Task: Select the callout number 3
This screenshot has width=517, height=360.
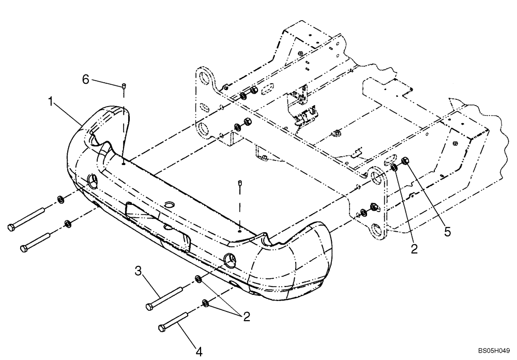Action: click(x=139, y=271)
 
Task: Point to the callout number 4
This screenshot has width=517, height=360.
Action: click(x=199, y=352)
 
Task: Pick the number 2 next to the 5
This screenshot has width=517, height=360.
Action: click(x=414, y=249)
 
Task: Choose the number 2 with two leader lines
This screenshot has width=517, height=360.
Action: click(x=246, y=317)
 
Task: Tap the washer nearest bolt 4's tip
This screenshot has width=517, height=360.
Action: click(x=206, y=303)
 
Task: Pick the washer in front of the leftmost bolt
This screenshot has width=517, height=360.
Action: click(x=60, y=199)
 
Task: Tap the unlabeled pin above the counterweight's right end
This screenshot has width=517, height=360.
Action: click(x=240, y=182)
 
